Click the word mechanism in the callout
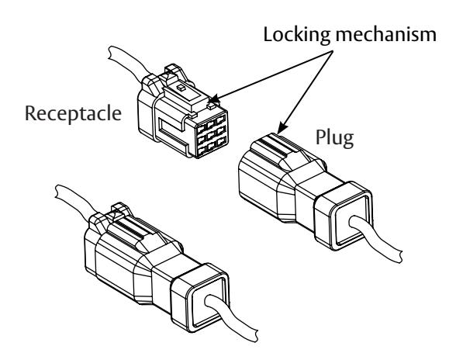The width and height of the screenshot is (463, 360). point(385,34)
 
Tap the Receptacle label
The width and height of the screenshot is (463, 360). point(73,114)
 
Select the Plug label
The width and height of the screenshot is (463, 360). point(334,138)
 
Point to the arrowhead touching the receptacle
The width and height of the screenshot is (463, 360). point(216,100)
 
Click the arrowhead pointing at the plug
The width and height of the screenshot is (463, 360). point(282,128)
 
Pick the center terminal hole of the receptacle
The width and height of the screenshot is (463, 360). point(211,137)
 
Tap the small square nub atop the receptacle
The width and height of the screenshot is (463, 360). point(180,88)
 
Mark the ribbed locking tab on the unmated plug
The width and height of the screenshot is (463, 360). point(278,150)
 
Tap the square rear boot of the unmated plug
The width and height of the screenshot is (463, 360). point(344,216)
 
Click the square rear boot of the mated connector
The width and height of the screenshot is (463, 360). point(200,298)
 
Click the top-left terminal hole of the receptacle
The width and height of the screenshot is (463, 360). point(202,129)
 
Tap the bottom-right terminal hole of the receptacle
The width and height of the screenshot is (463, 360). point(222,143)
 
